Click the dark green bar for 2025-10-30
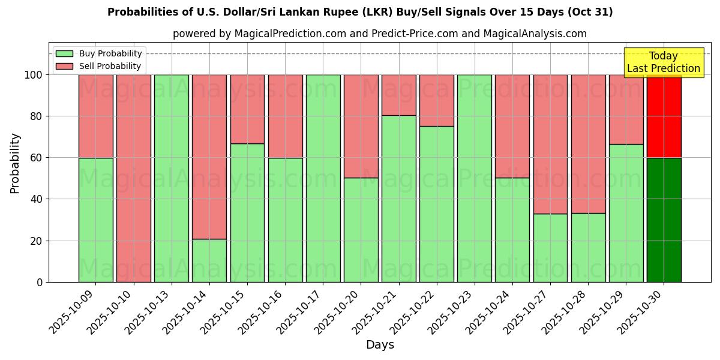(x=664, y=220)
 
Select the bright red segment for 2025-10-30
(x=664, y=116)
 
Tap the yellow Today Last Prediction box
(x=664, y=62)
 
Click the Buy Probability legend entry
(x=100, y=53)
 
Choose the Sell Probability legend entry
(x=100, y=66)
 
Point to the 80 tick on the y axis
(x=37, y=116)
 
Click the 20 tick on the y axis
(x=37, y=241)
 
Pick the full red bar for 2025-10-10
(x=133, y=178)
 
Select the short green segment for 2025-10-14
(x=209, y=260)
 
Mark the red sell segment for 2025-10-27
(x=550, y=144)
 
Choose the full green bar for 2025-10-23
(x=475, y=178)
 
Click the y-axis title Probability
(x=15, y=163)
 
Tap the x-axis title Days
(x=380, y=345)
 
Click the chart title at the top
(x=360, y=12)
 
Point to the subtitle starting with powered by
(x=379, y=34)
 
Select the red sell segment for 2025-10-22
(x=437, y=100)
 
